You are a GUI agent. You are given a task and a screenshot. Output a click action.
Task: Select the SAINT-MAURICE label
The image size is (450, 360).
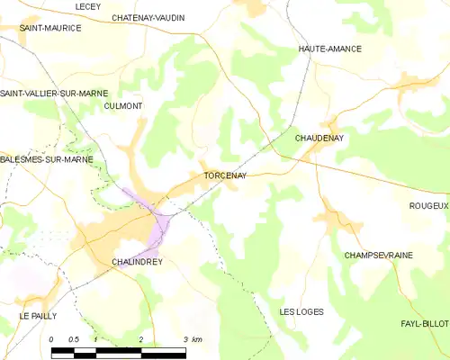click(50, 29)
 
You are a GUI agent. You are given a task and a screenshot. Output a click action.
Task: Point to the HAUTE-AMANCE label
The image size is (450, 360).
click(330, 50)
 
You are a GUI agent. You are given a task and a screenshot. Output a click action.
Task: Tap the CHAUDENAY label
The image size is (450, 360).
click(320, 138)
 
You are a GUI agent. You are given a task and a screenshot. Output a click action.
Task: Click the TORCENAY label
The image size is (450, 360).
click(225, 175)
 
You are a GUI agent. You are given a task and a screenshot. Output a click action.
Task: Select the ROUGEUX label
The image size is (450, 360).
click(428, 206)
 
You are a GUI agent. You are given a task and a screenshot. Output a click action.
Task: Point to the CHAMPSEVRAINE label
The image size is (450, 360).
click(378, 256)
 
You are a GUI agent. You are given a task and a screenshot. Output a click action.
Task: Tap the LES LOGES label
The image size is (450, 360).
click(301, 311)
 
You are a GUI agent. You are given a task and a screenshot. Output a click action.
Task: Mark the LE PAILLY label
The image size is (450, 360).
click(38, 316)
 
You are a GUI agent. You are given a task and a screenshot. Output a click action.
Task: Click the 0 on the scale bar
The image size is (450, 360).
click(52, 339)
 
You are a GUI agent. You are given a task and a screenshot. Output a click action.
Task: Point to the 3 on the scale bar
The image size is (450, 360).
click(184, 339)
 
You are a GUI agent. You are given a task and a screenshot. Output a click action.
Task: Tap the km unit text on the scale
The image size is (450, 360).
click(197, 339)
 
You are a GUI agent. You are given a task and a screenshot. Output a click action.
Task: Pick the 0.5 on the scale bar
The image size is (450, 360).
click(74, 339)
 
